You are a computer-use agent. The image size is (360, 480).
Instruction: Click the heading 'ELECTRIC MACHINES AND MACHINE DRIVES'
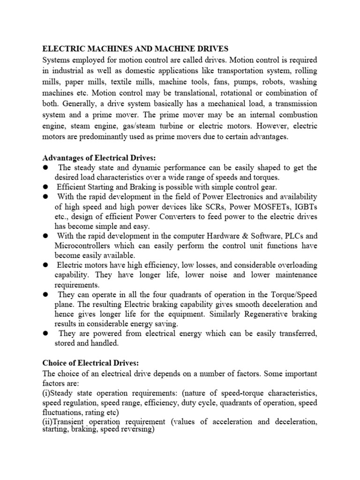135,48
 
